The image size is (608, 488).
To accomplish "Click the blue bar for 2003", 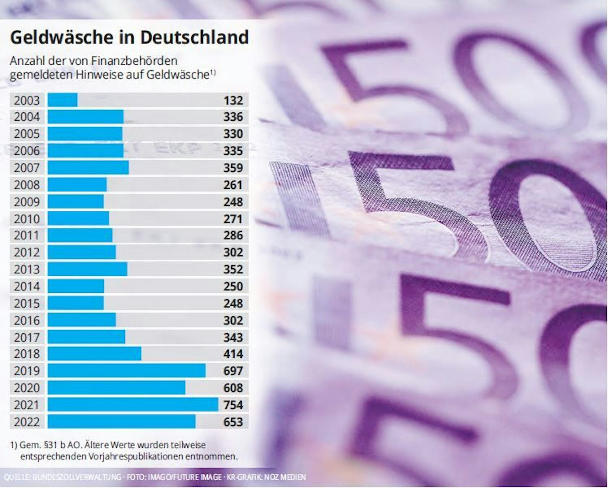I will (63, 100).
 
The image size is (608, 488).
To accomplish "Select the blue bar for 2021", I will (133, 405).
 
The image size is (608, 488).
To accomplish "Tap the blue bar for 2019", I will (127, 371).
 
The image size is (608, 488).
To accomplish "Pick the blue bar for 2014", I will (76, 286).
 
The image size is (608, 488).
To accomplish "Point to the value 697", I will (233, 371).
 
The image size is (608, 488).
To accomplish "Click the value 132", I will (233, 100).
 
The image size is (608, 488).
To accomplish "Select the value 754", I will (233, 405).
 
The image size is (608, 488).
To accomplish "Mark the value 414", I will (233, 354).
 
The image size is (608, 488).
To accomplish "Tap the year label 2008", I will (27, 185).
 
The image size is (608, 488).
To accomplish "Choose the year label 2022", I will (27, 422).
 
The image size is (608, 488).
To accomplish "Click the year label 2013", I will (27, 269).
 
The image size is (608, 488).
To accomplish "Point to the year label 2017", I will (27, 337).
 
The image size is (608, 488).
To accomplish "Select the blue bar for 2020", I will (116, 388).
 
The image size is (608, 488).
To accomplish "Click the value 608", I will (233, 388).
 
